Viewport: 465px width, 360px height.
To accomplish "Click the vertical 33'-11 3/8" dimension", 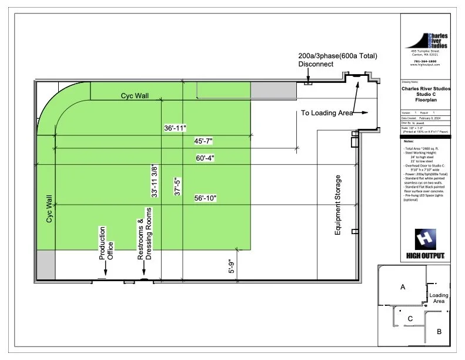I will (x=155, y=181).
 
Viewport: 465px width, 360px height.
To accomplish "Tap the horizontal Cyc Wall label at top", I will (x=135, y=95).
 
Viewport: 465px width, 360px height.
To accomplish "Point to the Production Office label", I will (x=106, y=243).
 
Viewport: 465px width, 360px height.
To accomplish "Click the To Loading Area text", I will (x=327, y=112).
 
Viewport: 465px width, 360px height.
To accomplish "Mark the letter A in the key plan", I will (x=403, y=287).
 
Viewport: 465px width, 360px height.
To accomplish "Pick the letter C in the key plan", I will (x=409, y=319).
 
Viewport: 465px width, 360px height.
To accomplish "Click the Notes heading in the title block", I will (x=409, y=141).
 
